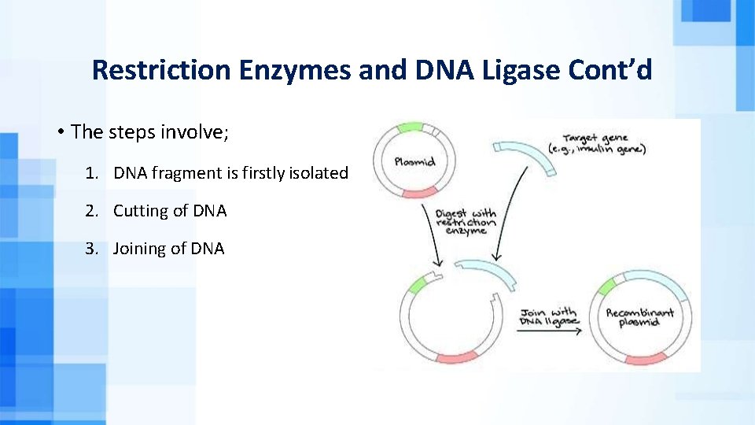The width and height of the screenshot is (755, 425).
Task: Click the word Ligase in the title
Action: pyautogui.click(x=532, y=70)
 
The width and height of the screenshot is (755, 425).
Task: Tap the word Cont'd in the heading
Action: pyautogui.click(x=617, y=70)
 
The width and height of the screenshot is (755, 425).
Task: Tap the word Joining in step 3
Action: pyautogui.click(x=139, y=249)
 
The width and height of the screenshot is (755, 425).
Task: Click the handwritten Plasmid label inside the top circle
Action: pyautogui.click(x=414, y=161)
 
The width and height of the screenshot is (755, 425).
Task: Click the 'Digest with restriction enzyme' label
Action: pyautogui.click(x=466, y=221)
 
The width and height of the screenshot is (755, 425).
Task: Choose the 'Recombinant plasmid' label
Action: pyautogui.click(x=639, y=318)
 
